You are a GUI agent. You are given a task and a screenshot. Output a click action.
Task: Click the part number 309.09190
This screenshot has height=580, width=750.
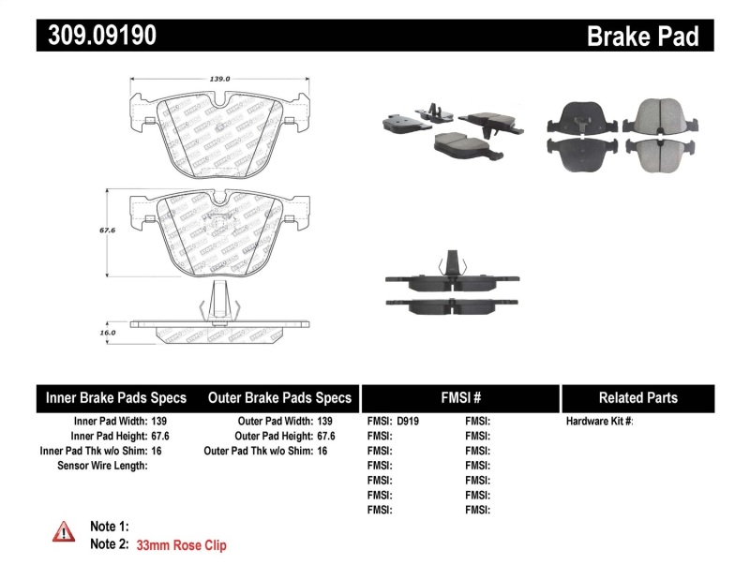(96, 36)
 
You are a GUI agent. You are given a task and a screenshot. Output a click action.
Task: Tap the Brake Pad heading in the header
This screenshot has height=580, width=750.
(642, 37)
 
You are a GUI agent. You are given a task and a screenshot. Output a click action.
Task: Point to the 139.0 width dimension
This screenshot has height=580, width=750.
(218, 81)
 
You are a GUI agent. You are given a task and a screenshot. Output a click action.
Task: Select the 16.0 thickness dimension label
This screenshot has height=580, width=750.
(108, 332)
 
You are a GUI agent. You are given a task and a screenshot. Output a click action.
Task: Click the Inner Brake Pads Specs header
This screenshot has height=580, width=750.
(116, 397)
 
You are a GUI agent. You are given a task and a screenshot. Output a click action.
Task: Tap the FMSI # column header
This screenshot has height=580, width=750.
(459, 397)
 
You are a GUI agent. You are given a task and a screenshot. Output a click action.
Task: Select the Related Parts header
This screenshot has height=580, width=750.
(637, 397)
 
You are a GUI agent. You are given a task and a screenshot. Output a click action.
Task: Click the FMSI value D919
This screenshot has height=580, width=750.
(409, 422)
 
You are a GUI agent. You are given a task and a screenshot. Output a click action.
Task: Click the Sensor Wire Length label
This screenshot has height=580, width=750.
(102, 466)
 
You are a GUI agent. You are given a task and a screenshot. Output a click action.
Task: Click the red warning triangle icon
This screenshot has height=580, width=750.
(64, 531)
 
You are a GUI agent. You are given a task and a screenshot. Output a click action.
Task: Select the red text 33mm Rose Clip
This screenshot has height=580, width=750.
(181, 544)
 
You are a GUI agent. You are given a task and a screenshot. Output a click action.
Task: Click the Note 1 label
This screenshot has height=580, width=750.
(109, 527)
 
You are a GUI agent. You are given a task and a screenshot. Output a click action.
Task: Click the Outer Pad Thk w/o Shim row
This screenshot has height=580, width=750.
(265, 451)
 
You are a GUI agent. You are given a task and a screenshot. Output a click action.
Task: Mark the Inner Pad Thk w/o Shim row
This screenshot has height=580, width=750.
(104, 451)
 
